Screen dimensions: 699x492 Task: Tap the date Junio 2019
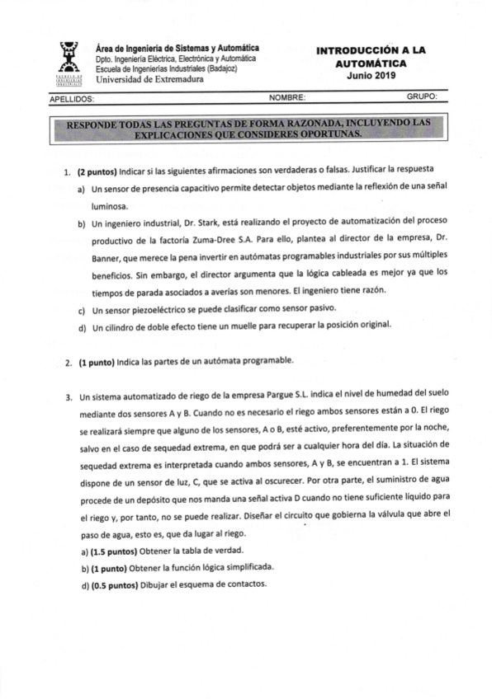coord(371,75)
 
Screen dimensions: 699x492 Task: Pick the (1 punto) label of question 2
coord(96,362)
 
